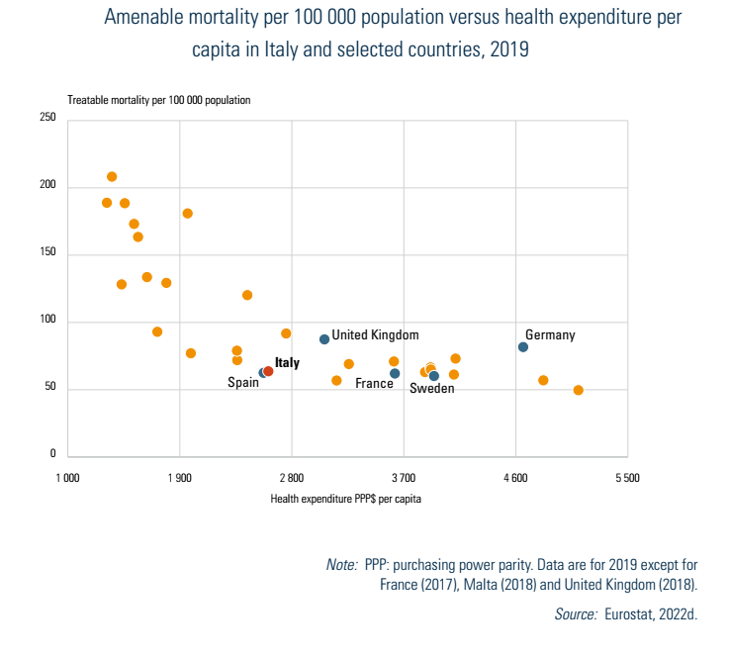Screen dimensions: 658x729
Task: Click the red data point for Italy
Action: click(268, 371)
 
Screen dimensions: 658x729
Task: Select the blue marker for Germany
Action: click(523, 346)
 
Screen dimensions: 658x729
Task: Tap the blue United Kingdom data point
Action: click(324, 339)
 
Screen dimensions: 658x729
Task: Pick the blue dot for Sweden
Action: click(434, 376)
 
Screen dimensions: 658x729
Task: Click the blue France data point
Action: click(395, 373)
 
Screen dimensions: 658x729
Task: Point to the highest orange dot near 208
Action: click(112, 176)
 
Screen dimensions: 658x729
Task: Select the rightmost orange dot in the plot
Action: click(579, 390)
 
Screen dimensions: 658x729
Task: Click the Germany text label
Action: click(550, 335)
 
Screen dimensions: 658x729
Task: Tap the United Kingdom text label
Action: click(375, 335)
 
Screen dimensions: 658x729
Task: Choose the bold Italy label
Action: click(287, 363)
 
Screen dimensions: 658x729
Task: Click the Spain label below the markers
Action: click(243, 383)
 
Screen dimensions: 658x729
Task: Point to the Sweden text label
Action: click(432, 389)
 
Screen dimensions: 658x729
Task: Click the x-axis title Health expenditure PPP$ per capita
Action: click(346, 499)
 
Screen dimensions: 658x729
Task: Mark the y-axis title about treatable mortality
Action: click(158, 100)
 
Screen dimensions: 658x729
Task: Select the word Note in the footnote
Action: click(341, 564)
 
